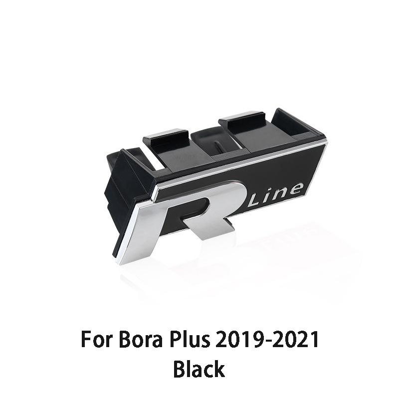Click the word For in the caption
click(x=97, y=340)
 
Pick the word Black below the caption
click(x=199, y=370)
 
